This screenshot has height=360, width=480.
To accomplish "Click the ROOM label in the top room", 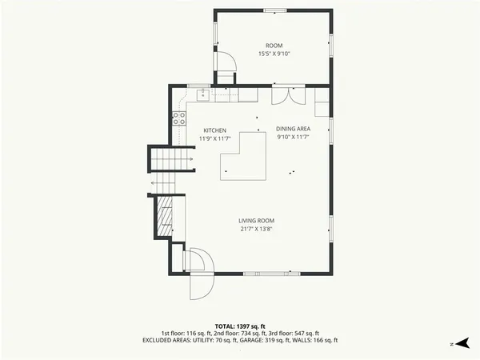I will click(274, 46).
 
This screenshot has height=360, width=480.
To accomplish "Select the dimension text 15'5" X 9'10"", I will click(274, 54).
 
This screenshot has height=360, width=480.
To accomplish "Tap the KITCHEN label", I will click(214, 130).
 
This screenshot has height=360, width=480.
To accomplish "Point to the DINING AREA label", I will click(293, 129).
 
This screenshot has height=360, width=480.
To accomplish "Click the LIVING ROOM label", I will click(256, 221).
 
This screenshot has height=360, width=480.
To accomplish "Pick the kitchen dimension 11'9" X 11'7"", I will click(214, 138).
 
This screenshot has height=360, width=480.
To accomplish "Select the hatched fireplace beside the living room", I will click(164, 218).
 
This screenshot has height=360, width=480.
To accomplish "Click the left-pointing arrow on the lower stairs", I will click(153, 183).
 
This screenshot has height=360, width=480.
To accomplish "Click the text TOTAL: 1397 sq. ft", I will click(240, 326).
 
